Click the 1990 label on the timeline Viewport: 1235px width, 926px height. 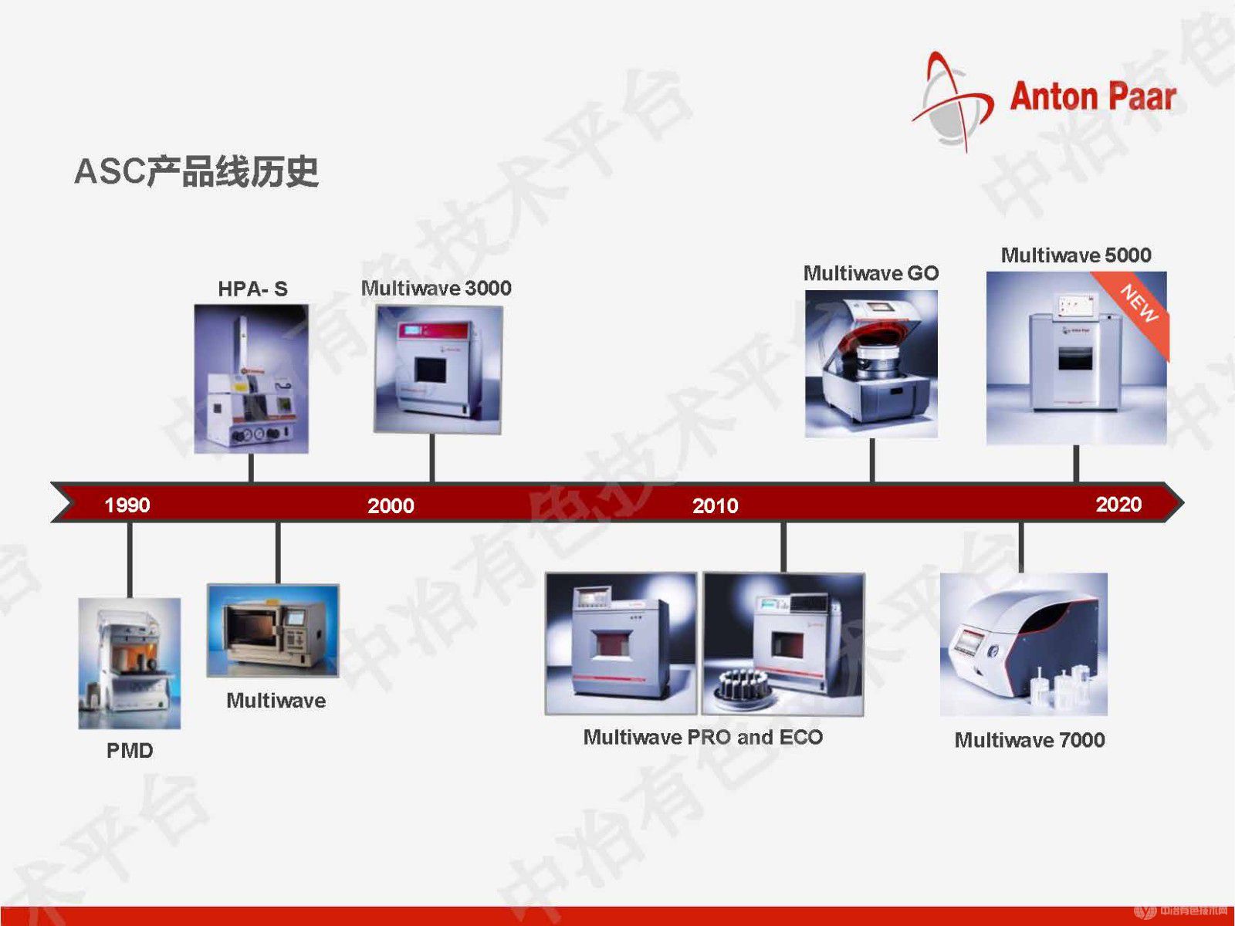click(127, 505)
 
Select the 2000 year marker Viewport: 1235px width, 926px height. click(391, 505)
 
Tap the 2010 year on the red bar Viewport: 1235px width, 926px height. click(715, 505)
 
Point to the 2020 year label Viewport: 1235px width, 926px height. click(1118, 504)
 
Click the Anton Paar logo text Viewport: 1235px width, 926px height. click(1093, 96)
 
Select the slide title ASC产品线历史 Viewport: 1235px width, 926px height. click(197, 171)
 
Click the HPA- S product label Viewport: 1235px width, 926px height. click(252, 289)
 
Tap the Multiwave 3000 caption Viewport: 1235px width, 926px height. click(436, 288)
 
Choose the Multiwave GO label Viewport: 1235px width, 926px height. click(871, 273)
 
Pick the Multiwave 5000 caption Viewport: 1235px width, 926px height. click(1076, 255)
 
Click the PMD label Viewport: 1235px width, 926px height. click(130, 751)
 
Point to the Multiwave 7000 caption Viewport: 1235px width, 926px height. click(1030, 740)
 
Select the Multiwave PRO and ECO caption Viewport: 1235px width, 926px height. click(702, 736)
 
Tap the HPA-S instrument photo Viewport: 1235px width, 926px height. click(251, 379)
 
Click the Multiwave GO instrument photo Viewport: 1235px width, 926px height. click(871, 363)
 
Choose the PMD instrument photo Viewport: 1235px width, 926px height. click(130, 664)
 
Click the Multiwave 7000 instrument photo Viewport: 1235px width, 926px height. click(1024, 644)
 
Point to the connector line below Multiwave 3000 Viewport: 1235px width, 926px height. click(431, 458)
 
